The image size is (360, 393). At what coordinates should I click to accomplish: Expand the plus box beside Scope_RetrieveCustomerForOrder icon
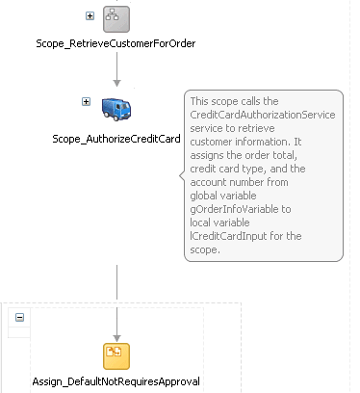point(90,15)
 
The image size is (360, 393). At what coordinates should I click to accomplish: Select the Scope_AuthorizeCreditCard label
point(116,138)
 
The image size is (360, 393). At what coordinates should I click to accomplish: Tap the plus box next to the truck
point(86,102)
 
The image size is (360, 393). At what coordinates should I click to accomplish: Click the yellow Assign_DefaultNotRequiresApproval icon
point(116,354)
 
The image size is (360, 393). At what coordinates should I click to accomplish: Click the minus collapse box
point(20,317)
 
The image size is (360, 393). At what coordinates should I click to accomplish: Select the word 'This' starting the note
point(201,101)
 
